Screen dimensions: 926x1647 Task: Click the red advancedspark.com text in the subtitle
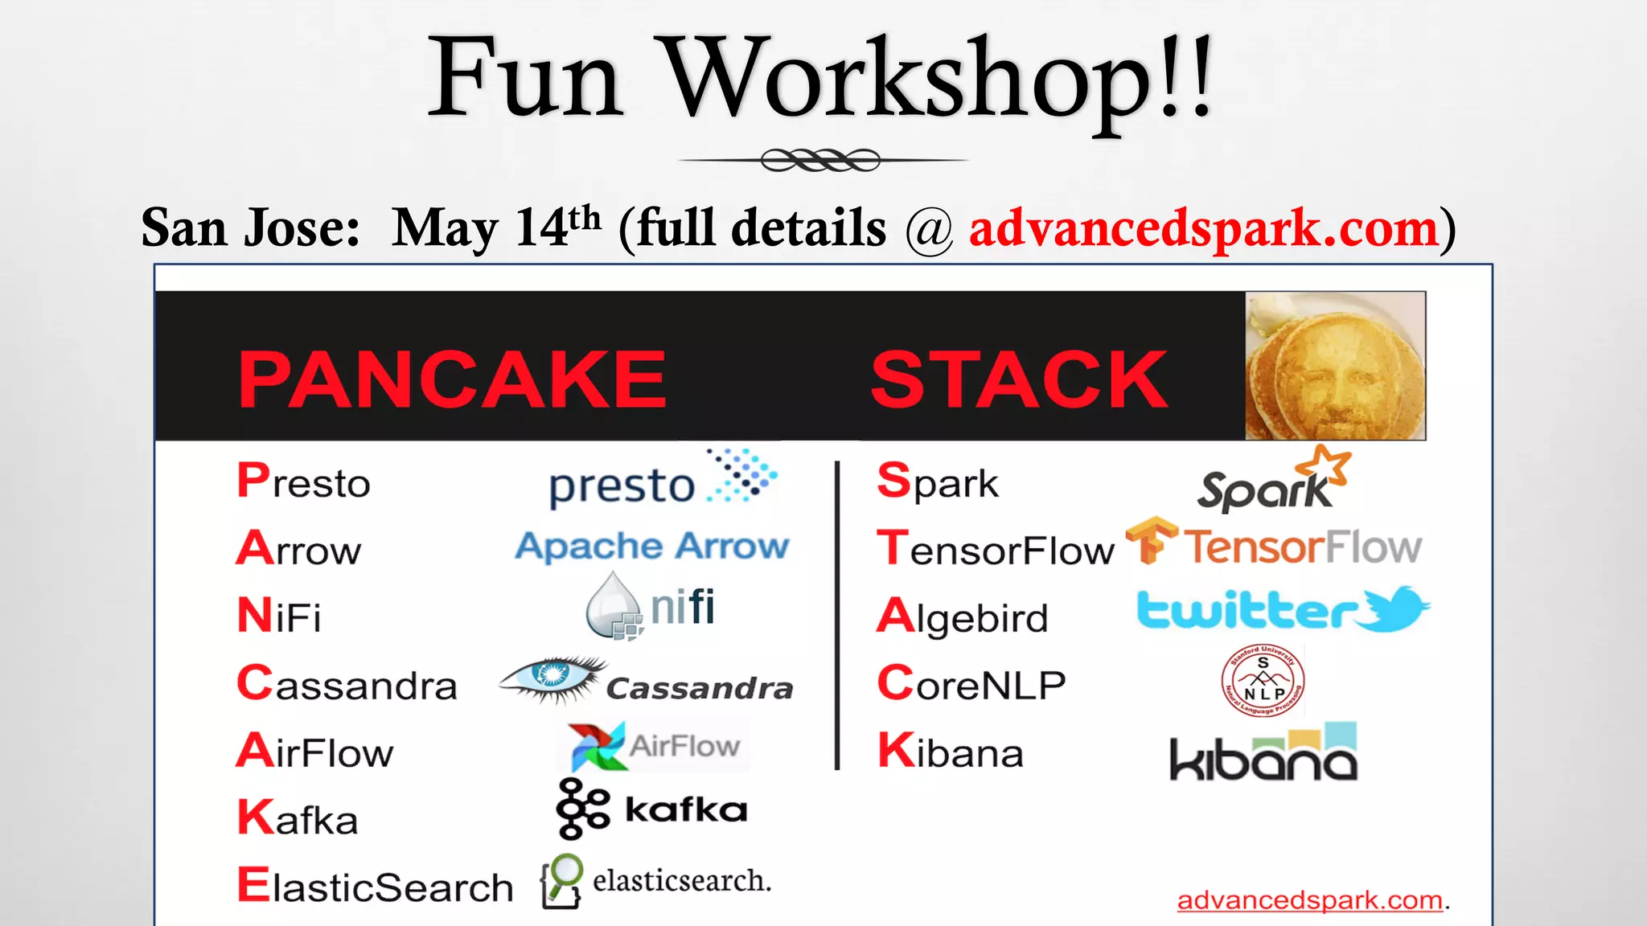[x=1203, y=229]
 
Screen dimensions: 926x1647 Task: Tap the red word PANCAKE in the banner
[x=452, y=379]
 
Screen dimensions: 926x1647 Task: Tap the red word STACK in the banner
[x=1019, y=379]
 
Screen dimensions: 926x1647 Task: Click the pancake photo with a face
[x=1335, y=366]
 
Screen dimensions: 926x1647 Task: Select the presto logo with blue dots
[x=661, y=481]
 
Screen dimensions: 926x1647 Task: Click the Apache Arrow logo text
[x=652, y=547]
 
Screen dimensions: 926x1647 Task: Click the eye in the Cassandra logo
[x=553, y=675]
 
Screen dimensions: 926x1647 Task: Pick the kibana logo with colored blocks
[x=1263, y=754]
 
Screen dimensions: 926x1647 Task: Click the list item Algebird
[x=963, y=617]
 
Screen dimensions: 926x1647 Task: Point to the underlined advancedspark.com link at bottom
[x=1309, y=900]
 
